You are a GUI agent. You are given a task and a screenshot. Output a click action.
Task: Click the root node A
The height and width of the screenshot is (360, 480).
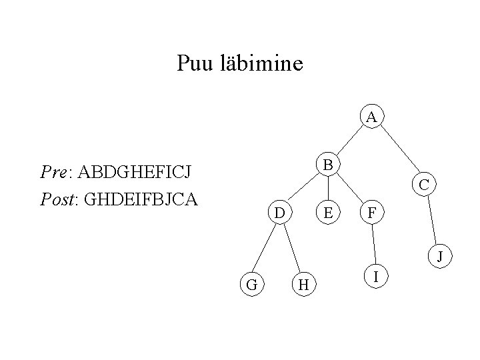point(371,117)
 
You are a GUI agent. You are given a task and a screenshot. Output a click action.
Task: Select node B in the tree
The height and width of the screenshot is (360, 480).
point(327,164)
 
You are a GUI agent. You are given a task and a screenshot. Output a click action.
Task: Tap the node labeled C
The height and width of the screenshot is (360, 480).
point(424,184)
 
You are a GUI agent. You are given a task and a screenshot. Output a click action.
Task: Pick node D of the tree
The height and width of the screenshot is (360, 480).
point(280,213)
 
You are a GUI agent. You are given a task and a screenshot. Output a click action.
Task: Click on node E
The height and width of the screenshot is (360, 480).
point(327,213)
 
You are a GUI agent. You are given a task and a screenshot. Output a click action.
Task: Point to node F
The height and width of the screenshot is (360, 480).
point(371,213)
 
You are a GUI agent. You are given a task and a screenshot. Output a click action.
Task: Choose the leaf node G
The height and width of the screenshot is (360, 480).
point(251,285)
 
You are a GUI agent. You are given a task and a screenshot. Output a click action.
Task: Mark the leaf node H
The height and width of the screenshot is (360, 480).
point(303,285)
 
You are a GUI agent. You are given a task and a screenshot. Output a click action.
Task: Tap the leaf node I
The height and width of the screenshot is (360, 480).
point(377,275)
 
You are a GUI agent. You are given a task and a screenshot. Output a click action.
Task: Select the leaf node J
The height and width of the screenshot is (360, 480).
point(439,255)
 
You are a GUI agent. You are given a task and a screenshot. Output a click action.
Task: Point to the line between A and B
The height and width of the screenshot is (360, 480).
point(349,141)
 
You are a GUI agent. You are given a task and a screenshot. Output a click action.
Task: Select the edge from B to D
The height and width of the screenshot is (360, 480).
point(304,189)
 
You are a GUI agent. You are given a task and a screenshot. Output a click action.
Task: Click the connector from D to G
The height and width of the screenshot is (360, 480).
point(265,249)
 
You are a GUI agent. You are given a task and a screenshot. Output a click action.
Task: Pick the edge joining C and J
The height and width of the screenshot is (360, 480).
point(432,220)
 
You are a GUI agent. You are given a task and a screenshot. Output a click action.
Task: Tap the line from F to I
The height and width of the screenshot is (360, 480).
point(374,244)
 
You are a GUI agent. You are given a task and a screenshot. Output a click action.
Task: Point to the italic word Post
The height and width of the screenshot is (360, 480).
point(56,199)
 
